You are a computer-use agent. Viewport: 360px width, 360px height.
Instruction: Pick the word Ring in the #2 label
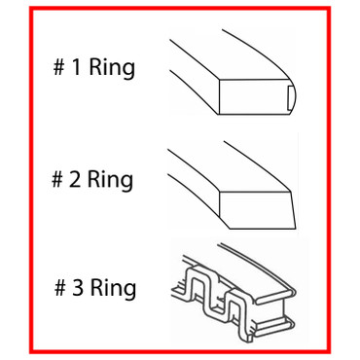point(112,179)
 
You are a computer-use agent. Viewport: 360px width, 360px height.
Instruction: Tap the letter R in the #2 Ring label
point(98,179)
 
